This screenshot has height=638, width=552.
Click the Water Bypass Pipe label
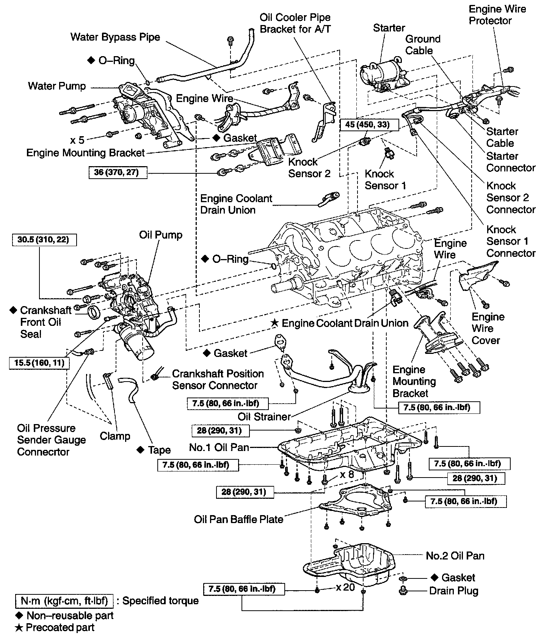pos(115,37)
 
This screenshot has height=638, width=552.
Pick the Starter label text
pos(389,28)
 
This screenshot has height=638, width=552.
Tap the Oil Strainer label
pos(264,416)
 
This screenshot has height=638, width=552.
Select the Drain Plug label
pos(453,591)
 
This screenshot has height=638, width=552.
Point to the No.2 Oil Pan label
pos(455,556)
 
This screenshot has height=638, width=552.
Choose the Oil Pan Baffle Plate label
pos(238,519)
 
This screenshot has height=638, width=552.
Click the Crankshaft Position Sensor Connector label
pos(218,379)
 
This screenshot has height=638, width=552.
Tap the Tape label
pos(159,450)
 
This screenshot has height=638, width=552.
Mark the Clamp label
pos(115,436)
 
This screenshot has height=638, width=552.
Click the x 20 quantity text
pos(345,588)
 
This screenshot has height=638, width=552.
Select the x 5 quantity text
pos(77,140)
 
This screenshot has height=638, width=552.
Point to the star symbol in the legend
pos(19,628)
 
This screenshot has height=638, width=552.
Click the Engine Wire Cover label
pos(488,328)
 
